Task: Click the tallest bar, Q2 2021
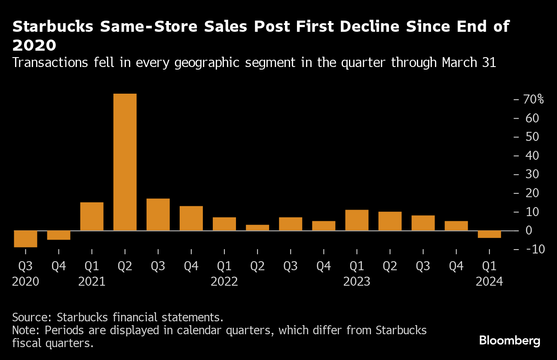pyautogui.click(x=125, y=162)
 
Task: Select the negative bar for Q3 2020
pyautogui.click(x=25, y=239)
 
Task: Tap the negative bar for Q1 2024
pyautogui.click(x=489, y=234)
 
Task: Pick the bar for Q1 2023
pyautogui.click(x=357, y=220)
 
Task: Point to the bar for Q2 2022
pyautogui.click(x=257, y=227)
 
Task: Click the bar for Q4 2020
pyautogui.click(x=58, y=235)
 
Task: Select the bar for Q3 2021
pyautogui.click(x=158, y=214)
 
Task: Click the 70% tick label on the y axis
pyautogui.click(x=533, y=99)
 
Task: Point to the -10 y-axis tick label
pyautogui.click(x=532, y=249)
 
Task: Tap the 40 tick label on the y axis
pyautogui.click(x=532, y=156)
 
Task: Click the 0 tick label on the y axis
pyautogui.click(x=529, y=231)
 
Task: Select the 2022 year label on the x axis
pyautogui.click(x=224, y=282)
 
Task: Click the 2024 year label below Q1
pyautogui.click(x=489, y=282)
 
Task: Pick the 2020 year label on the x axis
pyautogui.click(x=25, y=282)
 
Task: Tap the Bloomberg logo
pyautogui.click(x=510, y=341)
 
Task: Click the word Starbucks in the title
pyautogui.click(x=53, y=27)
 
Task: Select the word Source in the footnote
pyautogui.click(x=31, y=318)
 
